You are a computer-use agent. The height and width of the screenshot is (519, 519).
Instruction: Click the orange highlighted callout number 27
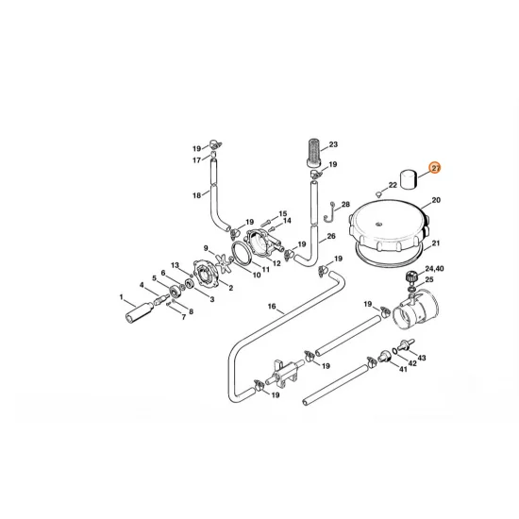(x=435, y=168)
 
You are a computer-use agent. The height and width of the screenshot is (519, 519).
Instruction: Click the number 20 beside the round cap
(x=436, y=201)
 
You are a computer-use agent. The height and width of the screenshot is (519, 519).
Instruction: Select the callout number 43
(x=421, y=358)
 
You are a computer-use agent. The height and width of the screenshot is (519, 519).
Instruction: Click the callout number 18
(x=197, y=195)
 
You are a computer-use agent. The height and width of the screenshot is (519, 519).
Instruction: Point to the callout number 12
(x=276, y=263)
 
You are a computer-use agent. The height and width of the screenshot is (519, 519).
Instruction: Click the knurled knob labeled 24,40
(x=411, y=278)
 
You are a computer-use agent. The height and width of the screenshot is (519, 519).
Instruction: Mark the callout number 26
(x=330, y=237)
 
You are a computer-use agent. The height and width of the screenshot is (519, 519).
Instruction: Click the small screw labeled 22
(x=378, y=193)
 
